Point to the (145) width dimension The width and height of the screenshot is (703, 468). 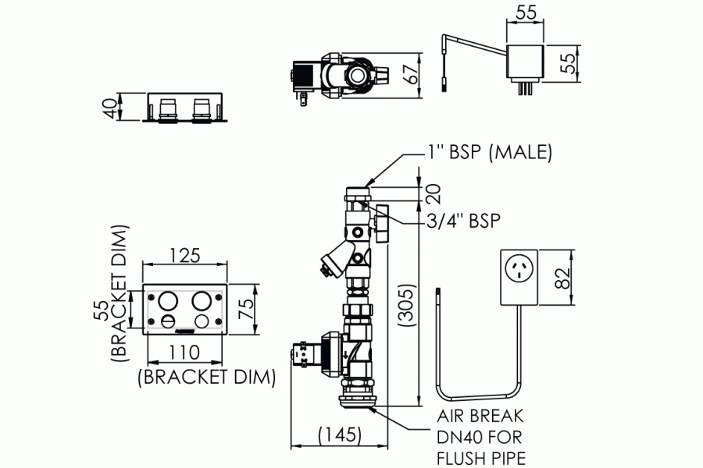[x=340, y=434]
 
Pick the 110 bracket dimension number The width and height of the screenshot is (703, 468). [x=184, y=353]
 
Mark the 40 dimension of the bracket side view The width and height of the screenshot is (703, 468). [x=116, y=108]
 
